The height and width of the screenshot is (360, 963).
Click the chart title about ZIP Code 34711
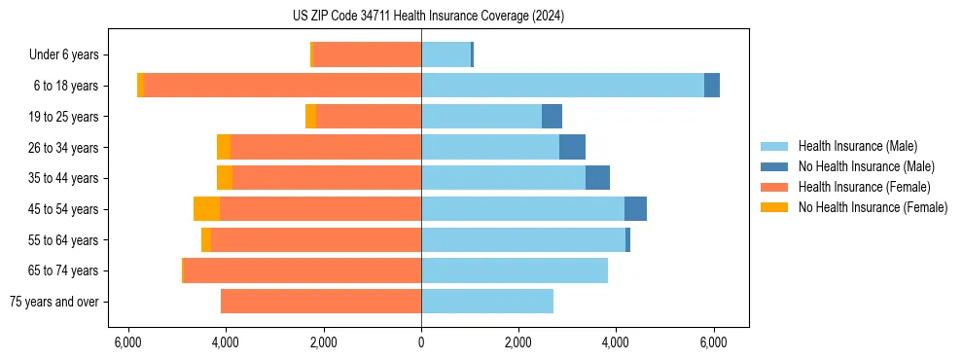(x=421, y=17)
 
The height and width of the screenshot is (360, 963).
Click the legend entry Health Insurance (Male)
(x=857, y=146)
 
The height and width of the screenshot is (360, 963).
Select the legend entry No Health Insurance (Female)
(x=873, y=207)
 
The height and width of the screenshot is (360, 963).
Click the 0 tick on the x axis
(x=421, y=342)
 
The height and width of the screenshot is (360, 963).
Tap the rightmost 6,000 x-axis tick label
(x=714, y=342)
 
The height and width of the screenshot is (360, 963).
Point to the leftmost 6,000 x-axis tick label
(x=127, y=342)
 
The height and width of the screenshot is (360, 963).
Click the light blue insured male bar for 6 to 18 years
(x=562, y=86)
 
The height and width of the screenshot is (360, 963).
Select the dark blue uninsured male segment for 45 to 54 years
(x=635, y=209)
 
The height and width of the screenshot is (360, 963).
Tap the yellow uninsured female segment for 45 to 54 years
(x=206, y=209)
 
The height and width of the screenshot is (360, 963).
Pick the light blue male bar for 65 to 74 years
(x=515, y=270)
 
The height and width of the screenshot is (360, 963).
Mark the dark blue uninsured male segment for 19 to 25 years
(x=552, y=117)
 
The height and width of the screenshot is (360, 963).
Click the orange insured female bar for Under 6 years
(x=367, y=55)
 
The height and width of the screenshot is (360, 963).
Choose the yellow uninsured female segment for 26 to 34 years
(x=224, y=148)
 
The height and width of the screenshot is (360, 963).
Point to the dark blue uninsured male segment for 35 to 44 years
(x=597, y=178)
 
